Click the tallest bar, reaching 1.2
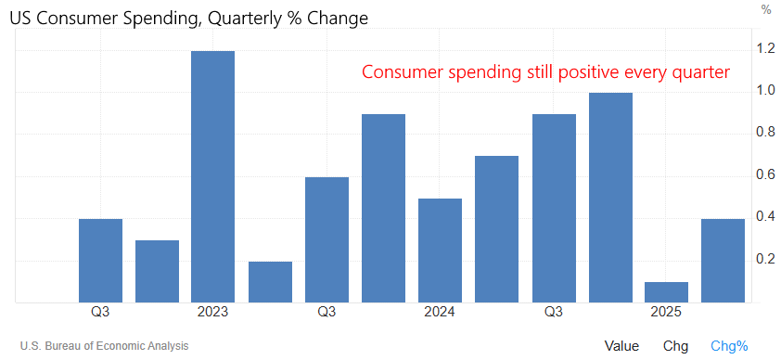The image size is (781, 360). [213, 176]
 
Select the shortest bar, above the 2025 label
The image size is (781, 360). [666, 291]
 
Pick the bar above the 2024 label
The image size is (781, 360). [440, 250]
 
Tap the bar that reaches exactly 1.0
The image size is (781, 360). [609, 197]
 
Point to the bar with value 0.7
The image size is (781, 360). [496, 228]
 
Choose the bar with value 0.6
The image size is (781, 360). [326, 239]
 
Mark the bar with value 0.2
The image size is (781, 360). [270, 281]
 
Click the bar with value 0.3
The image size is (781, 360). [157, 271]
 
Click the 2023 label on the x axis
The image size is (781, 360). [213, 313]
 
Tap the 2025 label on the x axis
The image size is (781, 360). [666, 313]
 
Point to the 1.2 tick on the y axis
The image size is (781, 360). [765, 48]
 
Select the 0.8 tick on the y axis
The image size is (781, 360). [765, 133]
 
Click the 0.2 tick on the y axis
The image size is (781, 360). [765, 259]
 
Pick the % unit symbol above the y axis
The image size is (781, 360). [766, 10]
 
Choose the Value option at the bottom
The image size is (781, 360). [621, 346]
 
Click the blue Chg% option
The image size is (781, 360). [729, 346]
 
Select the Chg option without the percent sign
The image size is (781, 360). [675, 346]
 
